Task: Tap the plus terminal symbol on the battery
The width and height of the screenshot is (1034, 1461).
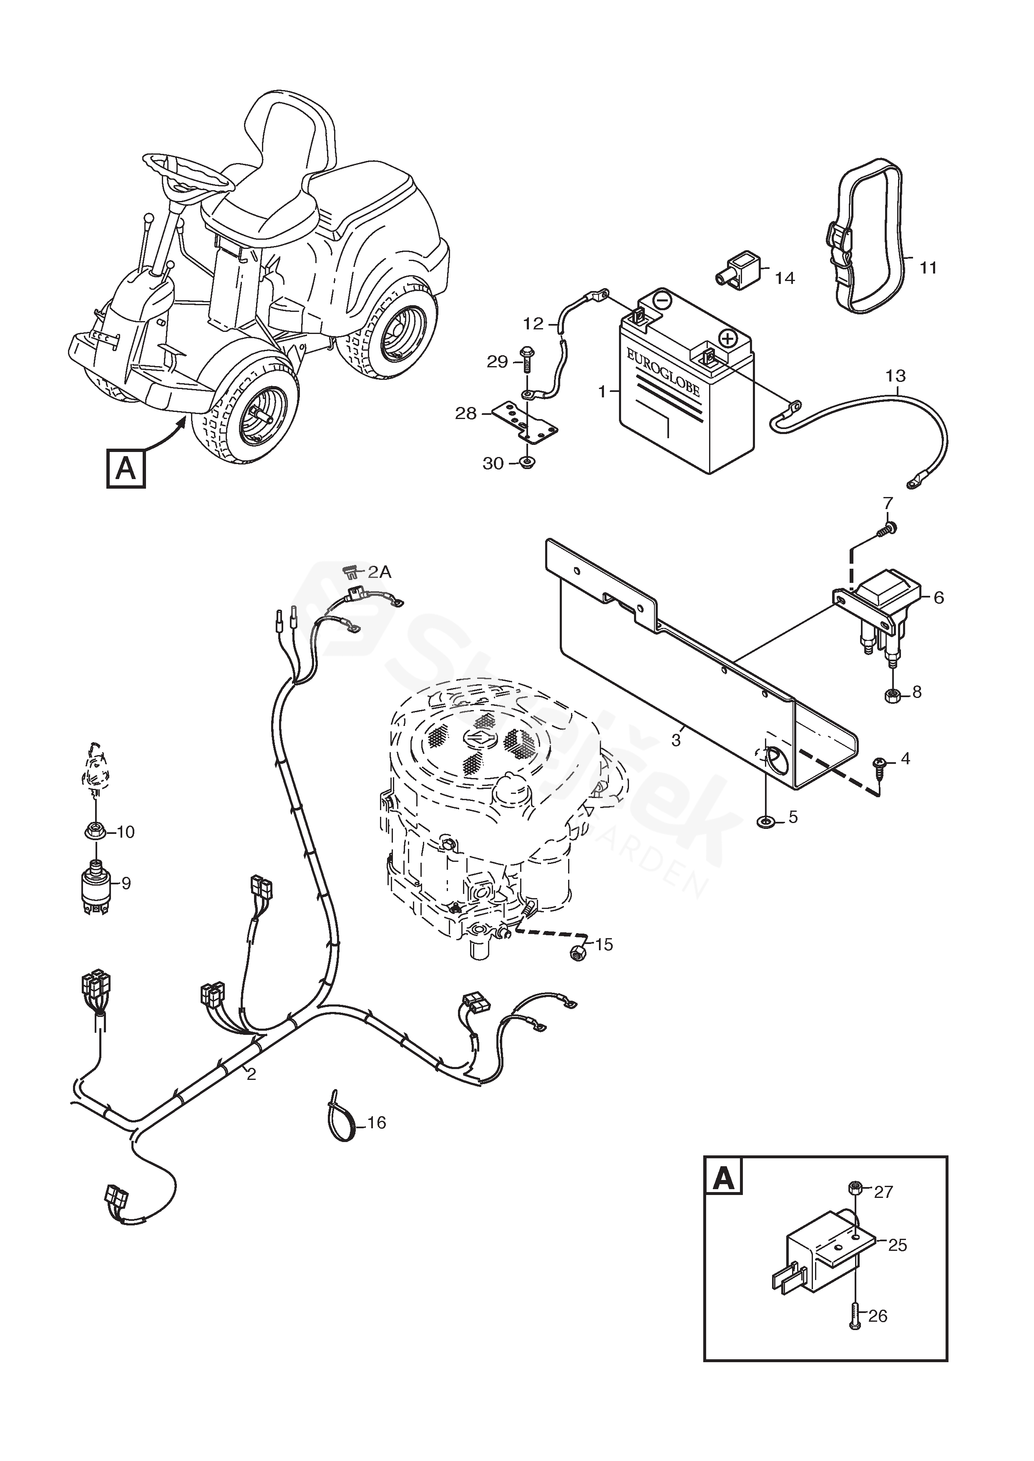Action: pos(727,337)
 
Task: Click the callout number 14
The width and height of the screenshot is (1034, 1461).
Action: pos(785,278)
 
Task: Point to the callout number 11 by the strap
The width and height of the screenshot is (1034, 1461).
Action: pos(929,268)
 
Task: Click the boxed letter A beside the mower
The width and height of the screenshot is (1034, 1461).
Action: pos(126,469)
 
